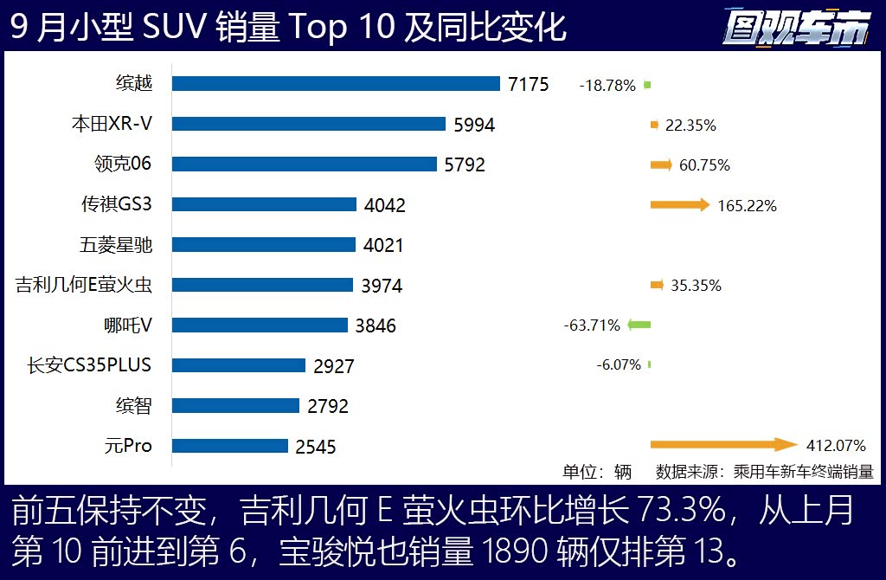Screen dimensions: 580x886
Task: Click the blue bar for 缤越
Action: [336, 84]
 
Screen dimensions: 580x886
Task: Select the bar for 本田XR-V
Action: [308, 124]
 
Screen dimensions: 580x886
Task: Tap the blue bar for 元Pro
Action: [230, 446]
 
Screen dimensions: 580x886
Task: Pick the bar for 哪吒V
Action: [260, 325]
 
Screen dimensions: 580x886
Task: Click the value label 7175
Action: [529, 85]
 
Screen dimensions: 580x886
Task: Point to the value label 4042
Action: [385, 206]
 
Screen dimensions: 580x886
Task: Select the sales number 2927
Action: [334, 366]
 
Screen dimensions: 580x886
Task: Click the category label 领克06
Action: [123, 164]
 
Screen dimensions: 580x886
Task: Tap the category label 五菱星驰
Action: [116, 245]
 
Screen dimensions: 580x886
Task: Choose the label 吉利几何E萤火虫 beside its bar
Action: [84, 285]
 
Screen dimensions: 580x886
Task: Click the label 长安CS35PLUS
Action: [89, 365]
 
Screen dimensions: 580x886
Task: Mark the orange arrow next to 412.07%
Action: [723, 445]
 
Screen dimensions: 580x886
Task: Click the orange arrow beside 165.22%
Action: [679, 205]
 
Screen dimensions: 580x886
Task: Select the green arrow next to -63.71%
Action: [639, 325]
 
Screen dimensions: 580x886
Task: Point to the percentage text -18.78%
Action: [607, 86]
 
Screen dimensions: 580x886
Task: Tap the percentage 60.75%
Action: [704, 165]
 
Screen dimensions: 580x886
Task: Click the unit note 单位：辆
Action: [597, 472]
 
